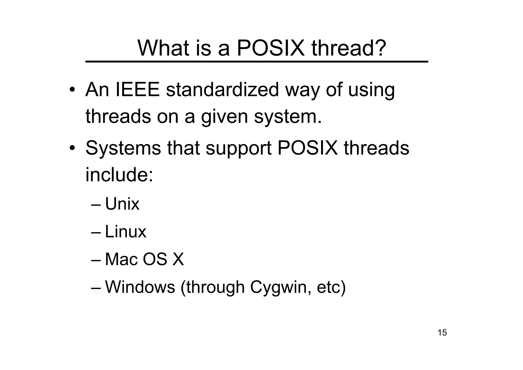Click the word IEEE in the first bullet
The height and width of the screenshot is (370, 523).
(138, 90)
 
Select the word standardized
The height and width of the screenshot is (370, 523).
(222, 90)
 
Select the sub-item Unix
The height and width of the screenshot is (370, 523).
(122, 204)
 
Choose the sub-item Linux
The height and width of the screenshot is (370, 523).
(125, 232)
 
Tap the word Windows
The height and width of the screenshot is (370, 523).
(140, 287)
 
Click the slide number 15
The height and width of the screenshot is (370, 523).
(442, 333)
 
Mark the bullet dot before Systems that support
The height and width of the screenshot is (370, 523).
(72, 148)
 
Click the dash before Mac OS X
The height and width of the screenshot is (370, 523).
(96, 260)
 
